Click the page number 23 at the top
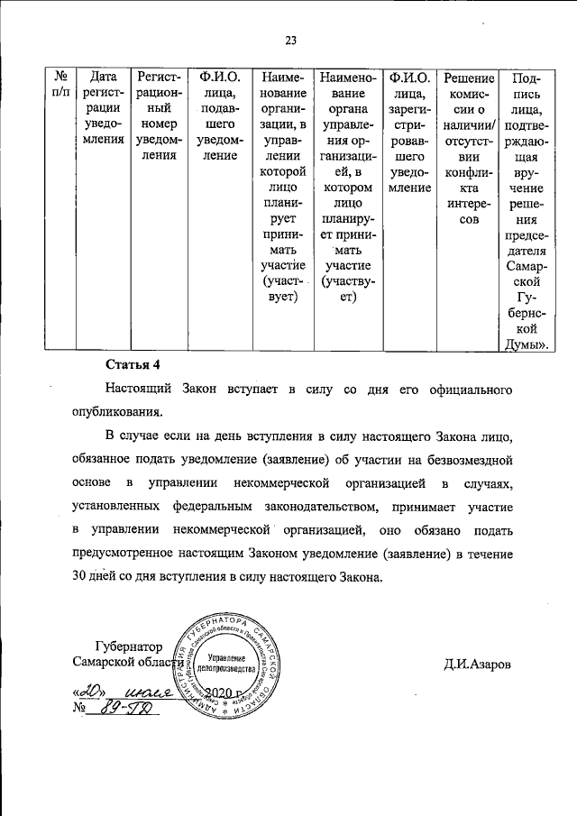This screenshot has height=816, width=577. (x=291, y=39)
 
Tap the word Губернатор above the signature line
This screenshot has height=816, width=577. (x=119, y=646)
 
